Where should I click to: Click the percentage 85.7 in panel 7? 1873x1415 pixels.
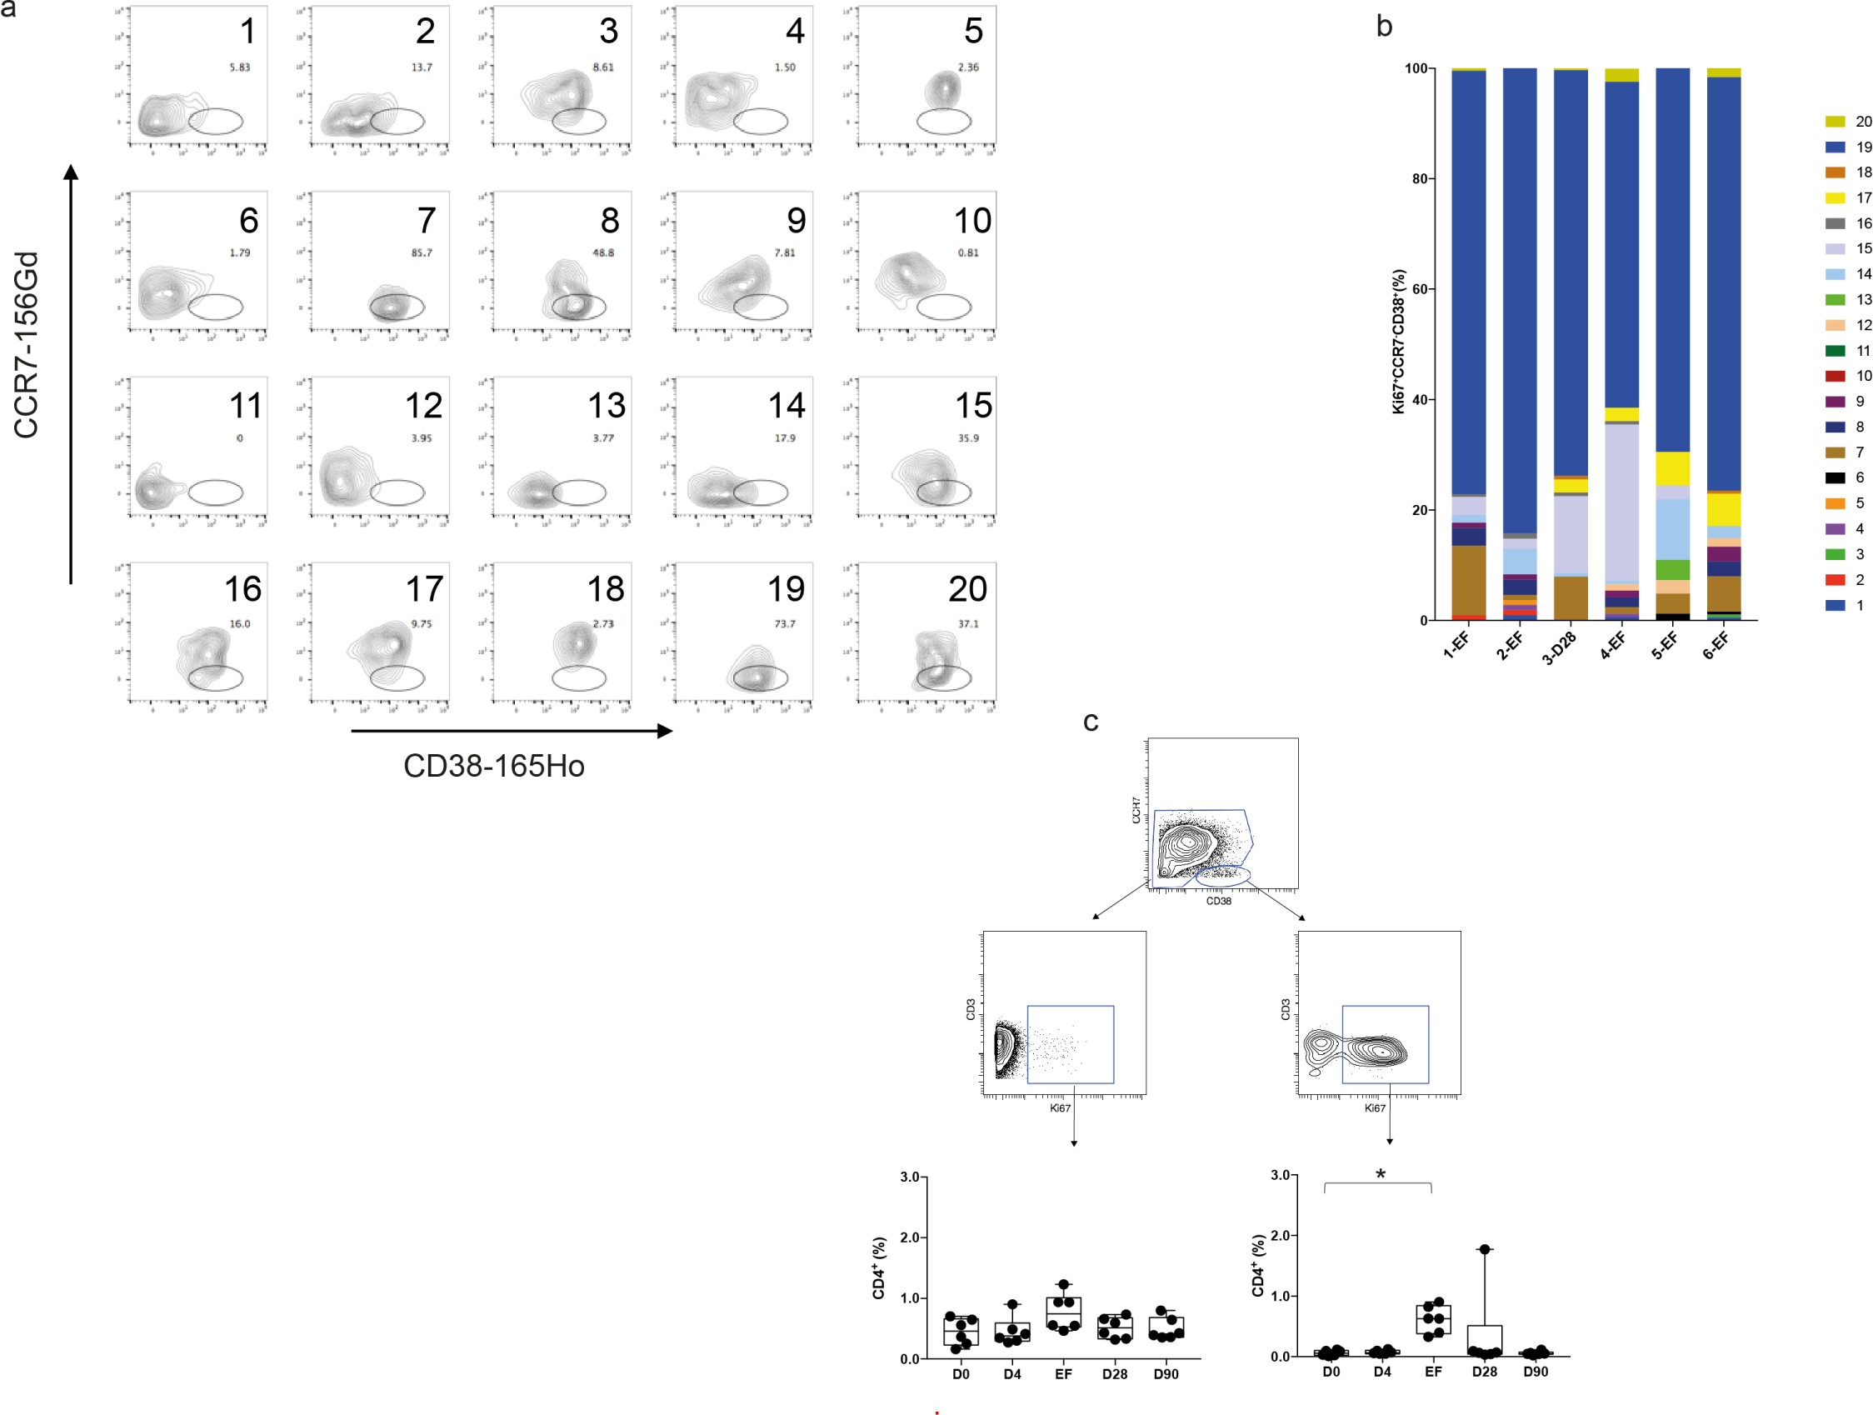pos(422,252)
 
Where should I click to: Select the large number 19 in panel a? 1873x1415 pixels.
pos(786,589)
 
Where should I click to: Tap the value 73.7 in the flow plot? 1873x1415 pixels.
pos(785,623)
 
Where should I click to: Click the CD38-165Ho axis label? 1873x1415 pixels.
pos(493,767)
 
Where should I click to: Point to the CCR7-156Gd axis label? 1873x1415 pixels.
pos(27,345)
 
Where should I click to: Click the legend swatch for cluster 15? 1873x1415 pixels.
pos(1835,249)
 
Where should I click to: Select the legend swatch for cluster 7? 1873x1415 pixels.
pos(1835,453)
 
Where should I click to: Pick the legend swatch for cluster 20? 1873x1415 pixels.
pos(1835,122)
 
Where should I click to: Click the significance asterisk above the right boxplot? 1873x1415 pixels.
pos(1381,1174)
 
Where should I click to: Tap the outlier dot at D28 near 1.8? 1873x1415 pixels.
pos(1485,1249)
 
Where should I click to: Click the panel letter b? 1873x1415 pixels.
pos(1385,27)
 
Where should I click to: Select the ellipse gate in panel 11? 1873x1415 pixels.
pos(215,492)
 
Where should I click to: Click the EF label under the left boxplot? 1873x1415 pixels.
pos(1063,1374)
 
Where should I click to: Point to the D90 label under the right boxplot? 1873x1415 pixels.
pos(1536,1372)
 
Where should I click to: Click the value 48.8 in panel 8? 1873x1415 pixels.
pos(603,252)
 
